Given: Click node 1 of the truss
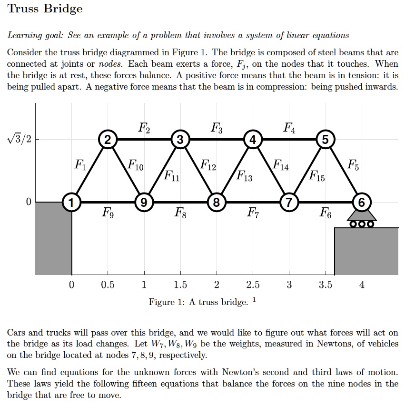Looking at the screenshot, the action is point(71,202).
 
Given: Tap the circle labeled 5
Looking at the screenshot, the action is point(325,139).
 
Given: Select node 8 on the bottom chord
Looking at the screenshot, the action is point(217,202).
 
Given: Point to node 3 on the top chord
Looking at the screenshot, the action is point(180,139).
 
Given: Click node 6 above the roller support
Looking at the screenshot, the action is point(362,202).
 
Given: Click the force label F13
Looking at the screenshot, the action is point(245,177).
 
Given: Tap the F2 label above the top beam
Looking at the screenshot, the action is point(144,127).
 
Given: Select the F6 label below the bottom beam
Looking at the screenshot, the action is point(326,213).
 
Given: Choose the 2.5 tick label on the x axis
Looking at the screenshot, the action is point(253,285).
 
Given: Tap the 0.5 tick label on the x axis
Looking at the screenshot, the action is point(108,285).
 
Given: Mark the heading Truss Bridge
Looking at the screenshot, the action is point(45,9).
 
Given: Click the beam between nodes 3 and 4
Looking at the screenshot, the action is point(217,139).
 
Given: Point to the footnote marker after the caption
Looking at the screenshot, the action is point(255,300).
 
